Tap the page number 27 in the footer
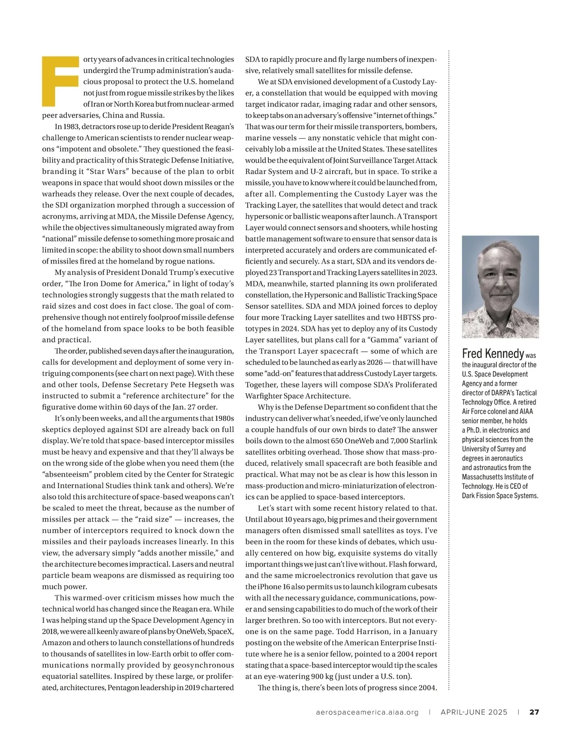534,712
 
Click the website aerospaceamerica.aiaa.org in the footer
367,712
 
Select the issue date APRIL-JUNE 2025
474,712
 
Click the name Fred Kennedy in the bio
493,354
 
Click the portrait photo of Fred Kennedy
500,286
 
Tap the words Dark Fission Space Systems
500,495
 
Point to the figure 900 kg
322,676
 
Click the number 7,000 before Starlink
398,441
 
